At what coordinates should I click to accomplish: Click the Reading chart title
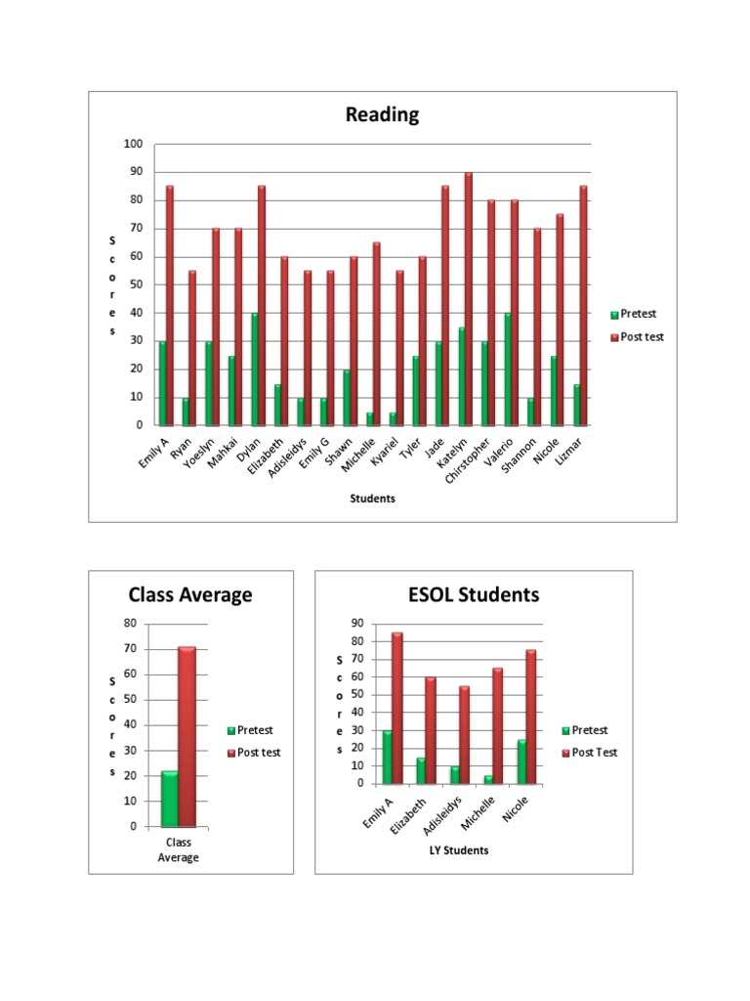point(382,115)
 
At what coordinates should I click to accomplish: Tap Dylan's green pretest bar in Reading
point(254,370)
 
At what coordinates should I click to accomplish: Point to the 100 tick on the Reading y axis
point(133,144)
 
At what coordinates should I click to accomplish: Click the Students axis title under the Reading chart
point(373,499)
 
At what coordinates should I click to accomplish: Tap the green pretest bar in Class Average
point(169,799)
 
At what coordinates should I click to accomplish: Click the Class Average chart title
point(190,594)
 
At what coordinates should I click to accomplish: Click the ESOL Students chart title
point(474,594)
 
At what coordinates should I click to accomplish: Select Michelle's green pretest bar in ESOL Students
point(488,779)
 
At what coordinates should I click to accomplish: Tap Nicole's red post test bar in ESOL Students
point(531,717)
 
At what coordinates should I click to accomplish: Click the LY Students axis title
point(459,850)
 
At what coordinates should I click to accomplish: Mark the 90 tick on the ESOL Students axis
point(356,624)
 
